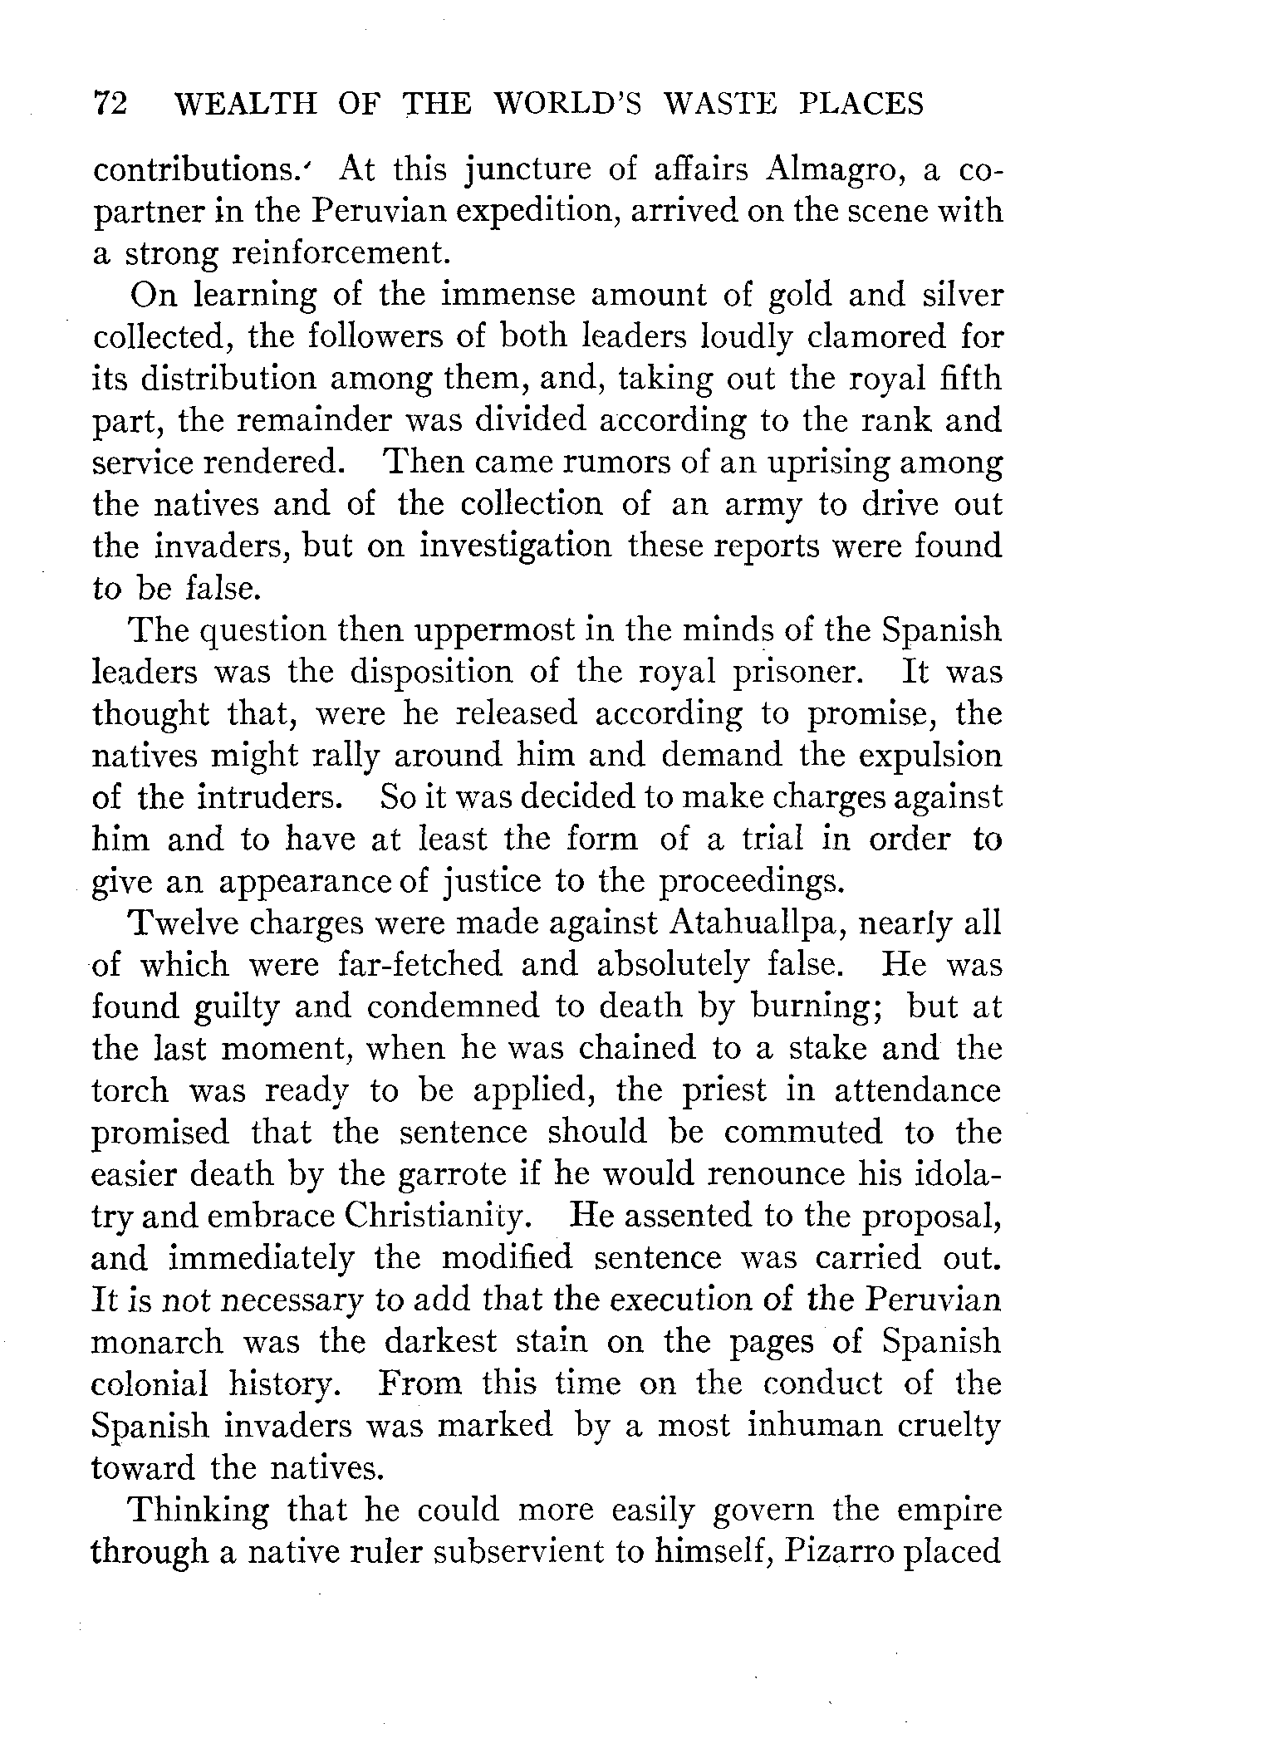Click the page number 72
[110, 104]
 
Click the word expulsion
[929, 756]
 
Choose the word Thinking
[198, 1510]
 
